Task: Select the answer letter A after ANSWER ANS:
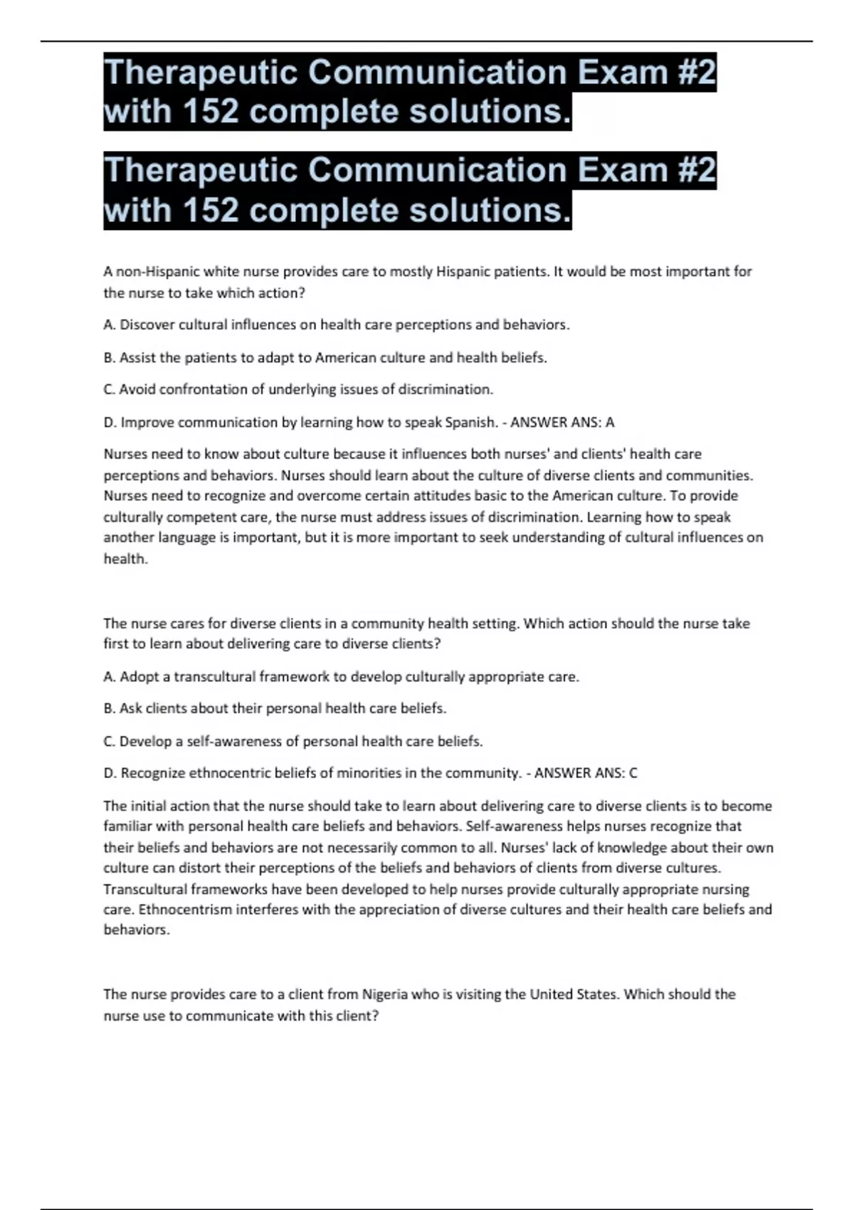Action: coord(610,423)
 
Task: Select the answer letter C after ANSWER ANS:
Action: coord(633,773)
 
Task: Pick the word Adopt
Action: coord(140,677)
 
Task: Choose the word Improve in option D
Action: coord(147,423)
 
